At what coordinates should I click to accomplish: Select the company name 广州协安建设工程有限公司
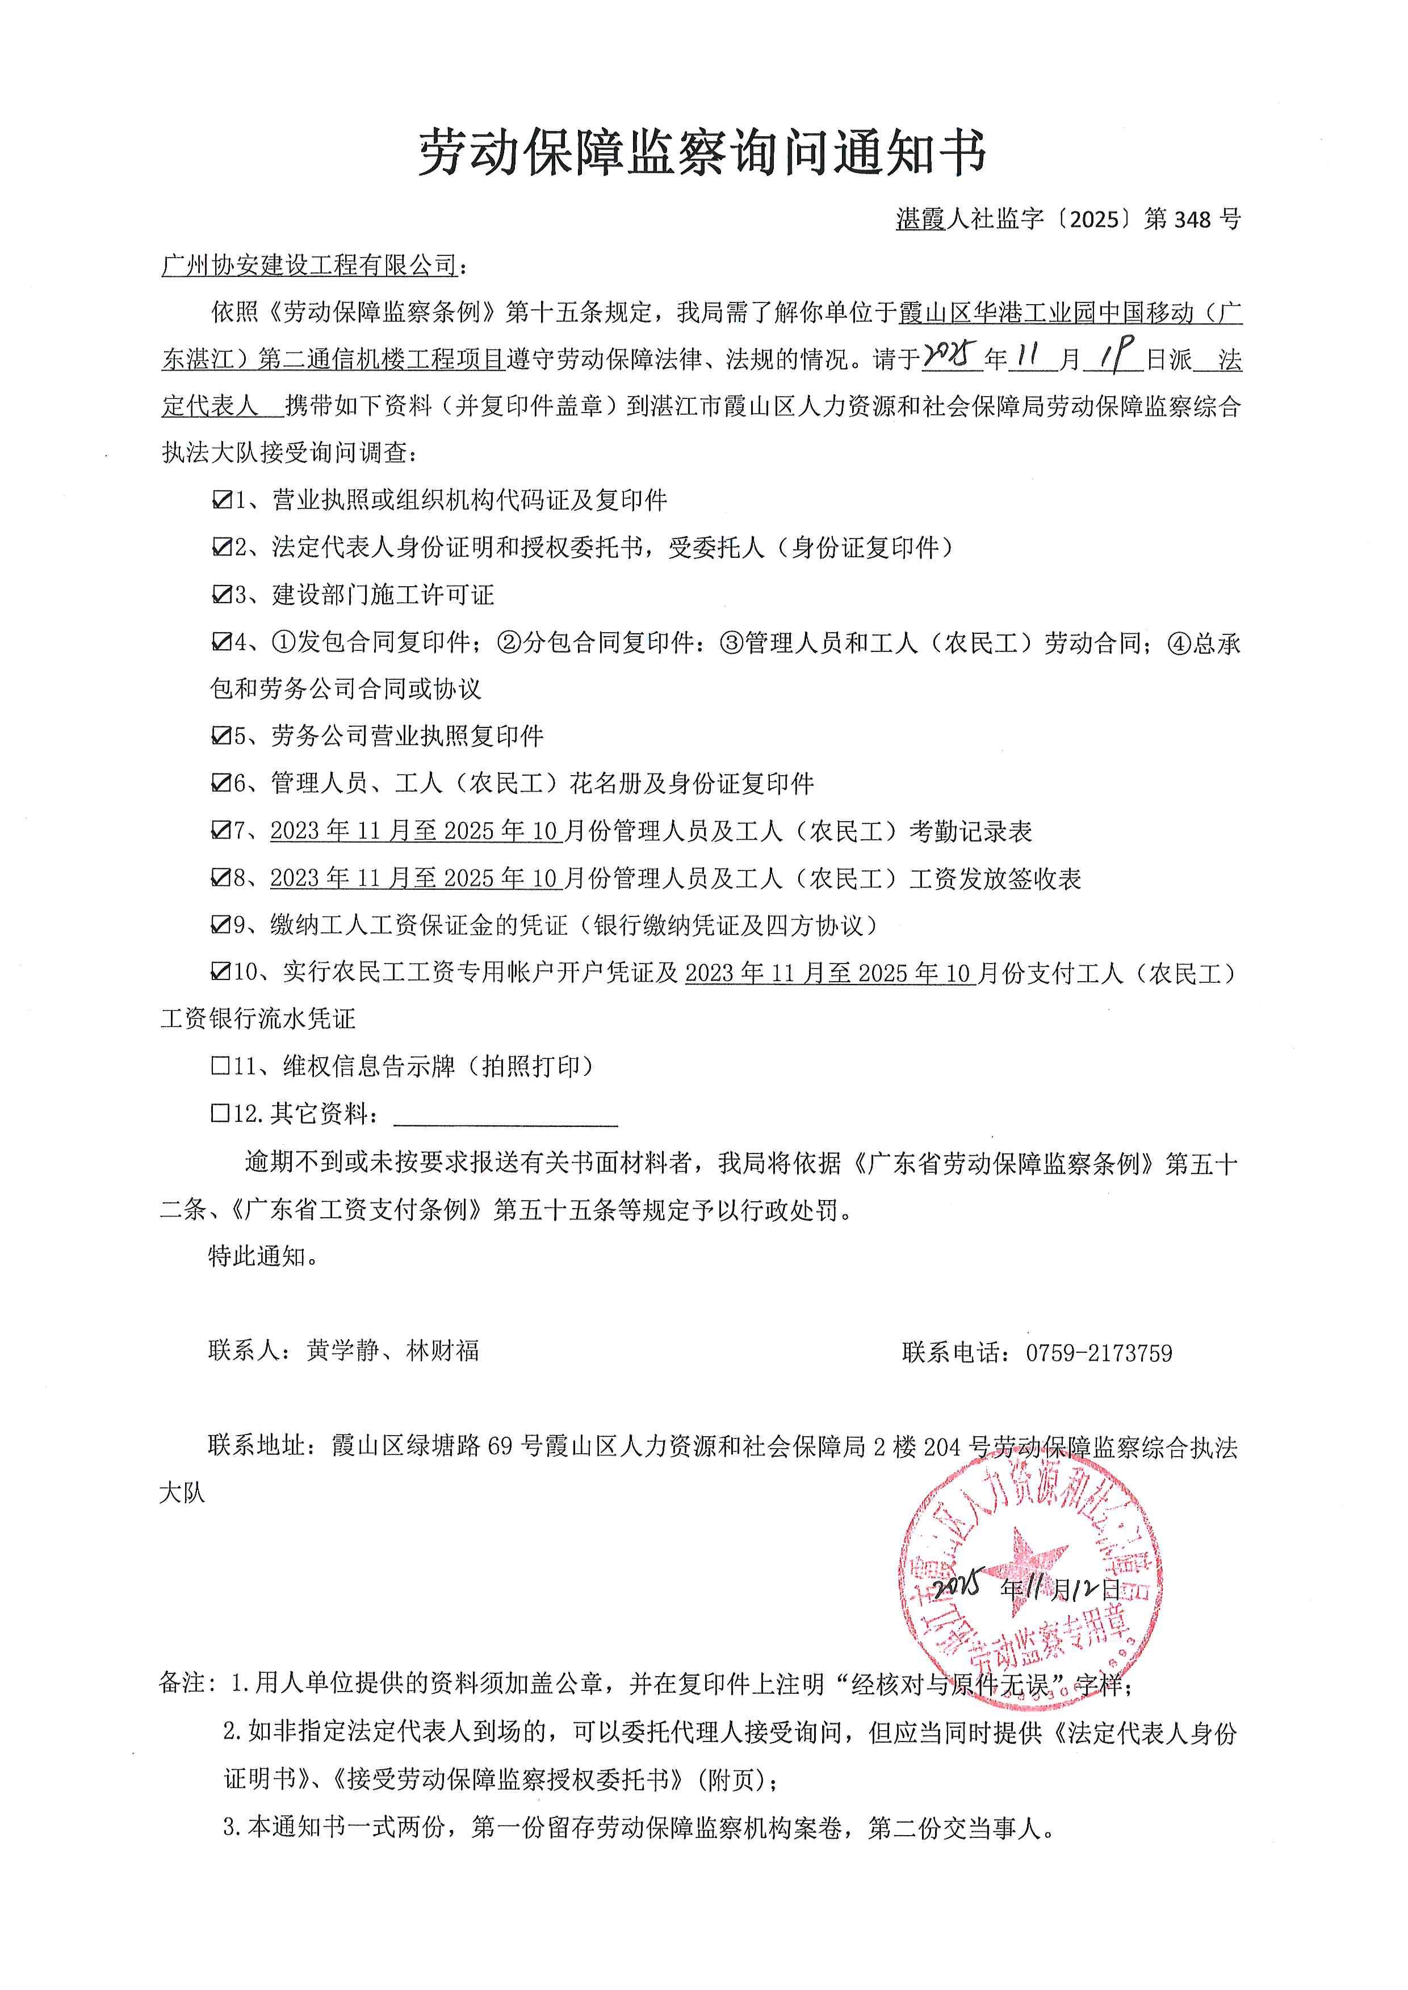pyautogui.click(x=309, y=265)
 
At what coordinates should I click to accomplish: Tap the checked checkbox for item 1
pyautogui.click(x=221, y=500)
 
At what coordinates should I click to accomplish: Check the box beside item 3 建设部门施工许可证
pyautogui.click(x=221, y=595)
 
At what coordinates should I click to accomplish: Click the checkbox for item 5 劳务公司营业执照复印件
pyautogui.click(x=221, y=736)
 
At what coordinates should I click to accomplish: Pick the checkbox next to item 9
pyautogui.click(x=221, y=925)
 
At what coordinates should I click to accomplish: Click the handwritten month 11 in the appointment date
pyautogui.click(x=1031, y=356)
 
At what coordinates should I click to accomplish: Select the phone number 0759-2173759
pyautogui.click(x=1099, y=1353)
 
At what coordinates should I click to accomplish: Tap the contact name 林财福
pyautogui.click(x=442, y=1351)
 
